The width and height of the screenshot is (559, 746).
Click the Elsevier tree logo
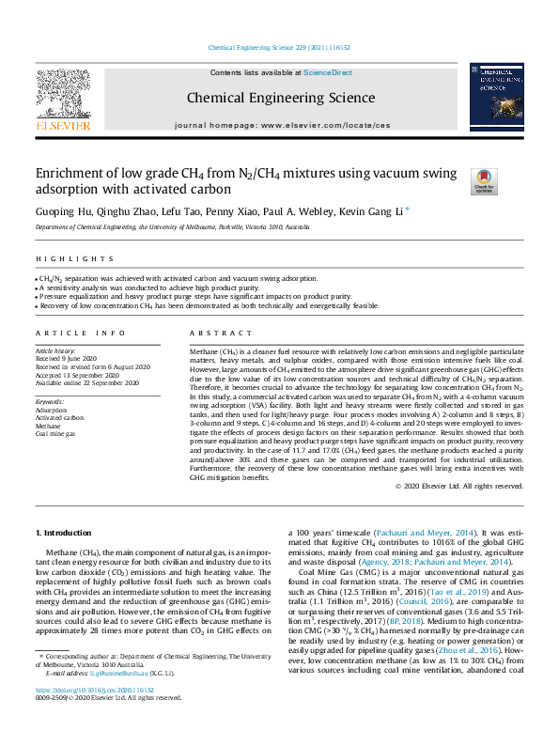click(x=63, y=98)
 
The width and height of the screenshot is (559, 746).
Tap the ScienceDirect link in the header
click(x=327, y=72)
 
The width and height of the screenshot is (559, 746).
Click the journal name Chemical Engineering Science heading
click(x=280, y=97)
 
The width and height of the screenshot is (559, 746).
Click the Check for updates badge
click(x=484, y=180)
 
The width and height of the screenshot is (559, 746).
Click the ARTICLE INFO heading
click(x=80, y=334)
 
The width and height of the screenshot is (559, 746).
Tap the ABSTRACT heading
click(x=209, y=334)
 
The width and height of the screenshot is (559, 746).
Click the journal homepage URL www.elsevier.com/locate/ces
click(x=324, y=125)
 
